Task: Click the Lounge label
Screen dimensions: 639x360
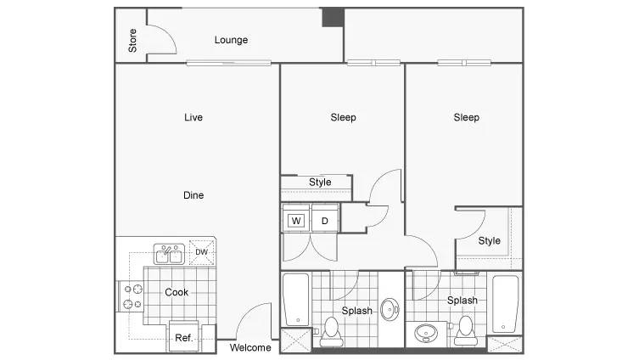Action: [x=231, y=40]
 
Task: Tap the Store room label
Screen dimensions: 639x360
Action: [x=132, y=41]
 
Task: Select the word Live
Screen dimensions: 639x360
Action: [x=193, y=117]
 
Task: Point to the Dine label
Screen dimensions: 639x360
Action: [x=193, y=195]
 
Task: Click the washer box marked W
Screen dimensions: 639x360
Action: [x=296, y=221]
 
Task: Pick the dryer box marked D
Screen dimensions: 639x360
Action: [x=325, y=220]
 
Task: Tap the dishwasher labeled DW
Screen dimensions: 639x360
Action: [x=202, y=252]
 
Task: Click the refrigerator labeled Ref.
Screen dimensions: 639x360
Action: [x=184, y=337]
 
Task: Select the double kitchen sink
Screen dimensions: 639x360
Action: [x=169, y=254]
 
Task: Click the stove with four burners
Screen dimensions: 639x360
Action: [x=132, y=296]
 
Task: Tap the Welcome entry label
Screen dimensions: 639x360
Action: [x=250, y=348]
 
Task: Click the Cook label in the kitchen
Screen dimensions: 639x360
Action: [x=177, y=292]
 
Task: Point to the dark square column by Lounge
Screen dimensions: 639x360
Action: [x=334, y=18]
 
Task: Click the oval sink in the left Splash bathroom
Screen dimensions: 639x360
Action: [x=390, y=309]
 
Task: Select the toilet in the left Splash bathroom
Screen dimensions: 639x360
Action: [x=331, y=332]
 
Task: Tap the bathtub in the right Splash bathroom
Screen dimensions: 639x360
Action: [x=505, y=304]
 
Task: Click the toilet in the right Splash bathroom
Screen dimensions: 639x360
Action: [x=466, y=330]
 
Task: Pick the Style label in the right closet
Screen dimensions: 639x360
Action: [x=489, y=241]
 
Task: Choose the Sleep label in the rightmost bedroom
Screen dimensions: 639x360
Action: [x=466, y=117]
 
